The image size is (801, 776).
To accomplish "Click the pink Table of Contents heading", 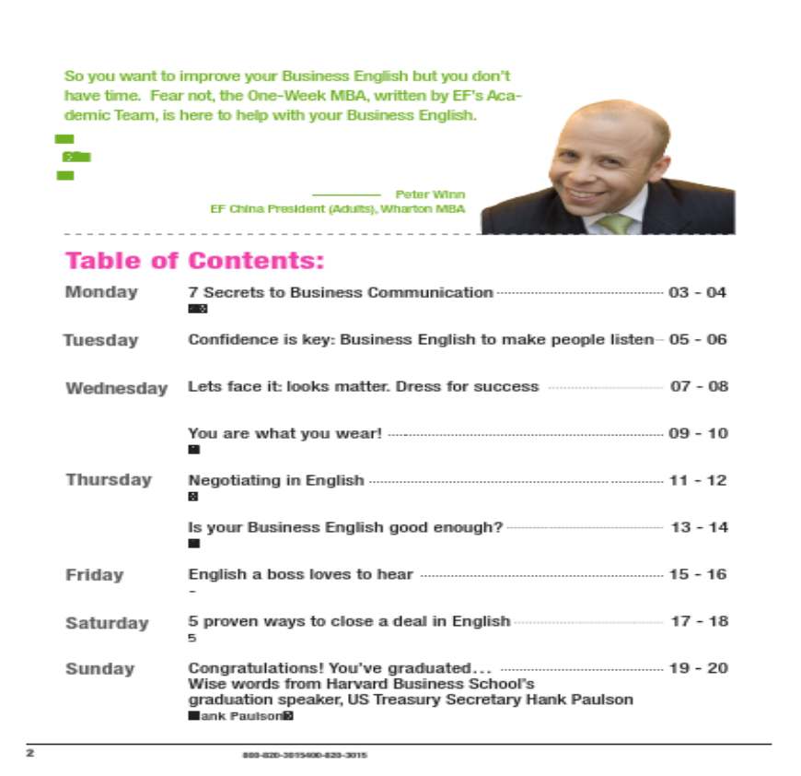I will tap(194, 261).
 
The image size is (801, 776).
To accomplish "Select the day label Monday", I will tap(101, 292).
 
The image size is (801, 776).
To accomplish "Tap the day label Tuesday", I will tap(100, 340).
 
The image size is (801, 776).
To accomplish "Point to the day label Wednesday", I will tap(117, 388).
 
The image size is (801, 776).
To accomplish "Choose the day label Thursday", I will tap(109, 479).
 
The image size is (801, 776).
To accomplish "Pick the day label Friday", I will tap(94, 575).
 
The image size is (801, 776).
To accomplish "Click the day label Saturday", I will tap(107, 623).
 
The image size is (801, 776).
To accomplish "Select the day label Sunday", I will tap(99, 669).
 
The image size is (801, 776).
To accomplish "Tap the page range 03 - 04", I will tap(697, 293).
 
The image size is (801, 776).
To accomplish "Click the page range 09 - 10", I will tap(698, 433).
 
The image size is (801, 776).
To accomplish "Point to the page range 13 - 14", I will tap(699, 527).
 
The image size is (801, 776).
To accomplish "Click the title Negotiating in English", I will tap(276, 480).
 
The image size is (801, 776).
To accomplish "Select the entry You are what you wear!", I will tap(284, 433).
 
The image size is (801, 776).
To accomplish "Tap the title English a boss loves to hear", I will tap(301, 574).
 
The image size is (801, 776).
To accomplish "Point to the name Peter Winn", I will tap(430, 194).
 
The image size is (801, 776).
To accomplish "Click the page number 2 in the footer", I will tap(29, 754).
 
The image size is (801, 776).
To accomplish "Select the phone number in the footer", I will tap(305, 755).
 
